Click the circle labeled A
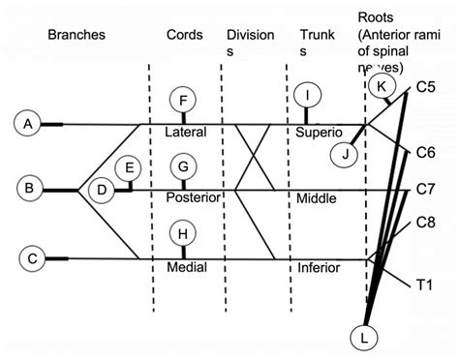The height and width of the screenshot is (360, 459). click(x=28, y=124)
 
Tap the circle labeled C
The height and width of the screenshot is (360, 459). click(x=32, y=258)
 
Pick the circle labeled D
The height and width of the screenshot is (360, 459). click(x=101, y=191)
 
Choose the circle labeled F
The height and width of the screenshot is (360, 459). click(x=183, y=100)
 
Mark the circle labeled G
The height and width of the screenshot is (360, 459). click(x=183, y=166)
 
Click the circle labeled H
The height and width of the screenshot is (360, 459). click(x=183, y=233)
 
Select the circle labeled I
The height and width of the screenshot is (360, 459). click(x=307, y=96)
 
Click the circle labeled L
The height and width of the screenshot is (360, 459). click(x=364, y=336)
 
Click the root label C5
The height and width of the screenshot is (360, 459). click(x=425, y=88)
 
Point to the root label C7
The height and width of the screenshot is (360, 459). click(x=425, y=188)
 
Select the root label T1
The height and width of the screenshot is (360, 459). click(x=424, y=284)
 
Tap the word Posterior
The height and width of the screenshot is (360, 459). click(x=194, y=197)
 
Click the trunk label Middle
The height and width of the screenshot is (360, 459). click(x=317, y=198)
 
